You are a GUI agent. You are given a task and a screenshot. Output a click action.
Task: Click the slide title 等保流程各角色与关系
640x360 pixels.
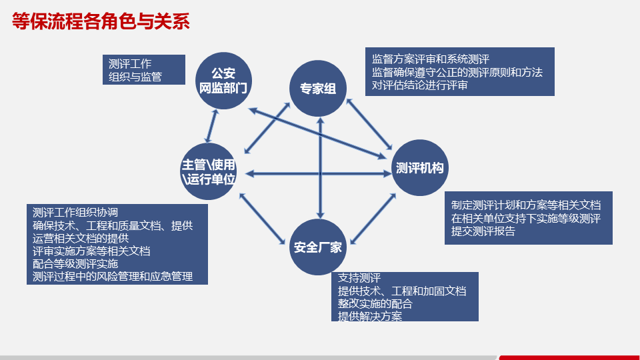coord(101,22)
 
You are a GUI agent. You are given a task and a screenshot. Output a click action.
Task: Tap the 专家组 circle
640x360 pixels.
coord(317,88)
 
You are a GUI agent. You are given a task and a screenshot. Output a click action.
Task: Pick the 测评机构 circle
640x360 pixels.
coord(419,167)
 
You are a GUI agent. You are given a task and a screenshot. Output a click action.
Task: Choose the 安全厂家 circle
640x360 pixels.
coord(317,247)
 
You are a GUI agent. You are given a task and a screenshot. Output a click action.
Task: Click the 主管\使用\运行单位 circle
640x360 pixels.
coord(209,172)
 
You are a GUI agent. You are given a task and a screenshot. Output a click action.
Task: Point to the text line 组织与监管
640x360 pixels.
coord(135,77)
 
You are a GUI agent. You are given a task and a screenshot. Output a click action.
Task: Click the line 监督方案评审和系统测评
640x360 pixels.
coord(431,59)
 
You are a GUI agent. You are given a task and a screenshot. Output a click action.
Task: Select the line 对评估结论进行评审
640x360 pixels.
coord(420,85)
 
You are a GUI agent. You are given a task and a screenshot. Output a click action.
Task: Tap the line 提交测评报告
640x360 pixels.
coord(483,231)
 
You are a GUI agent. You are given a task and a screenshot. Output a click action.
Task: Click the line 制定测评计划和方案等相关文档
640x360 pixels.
coord(526,205)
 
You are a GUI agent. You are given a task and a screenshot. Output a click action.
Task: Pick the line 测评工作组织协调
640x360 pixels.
coord(75,213)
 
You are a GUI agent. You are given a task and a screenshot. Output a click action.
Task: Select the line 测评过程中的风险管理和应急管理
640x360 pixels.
coord(113,276)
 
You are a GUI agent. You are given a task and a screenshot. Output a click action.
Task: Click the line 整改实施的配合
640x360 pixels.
coord(375,303)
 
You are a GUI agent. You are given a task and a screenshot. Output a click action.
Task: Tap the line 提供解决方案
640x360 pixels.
coord(369,316)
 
